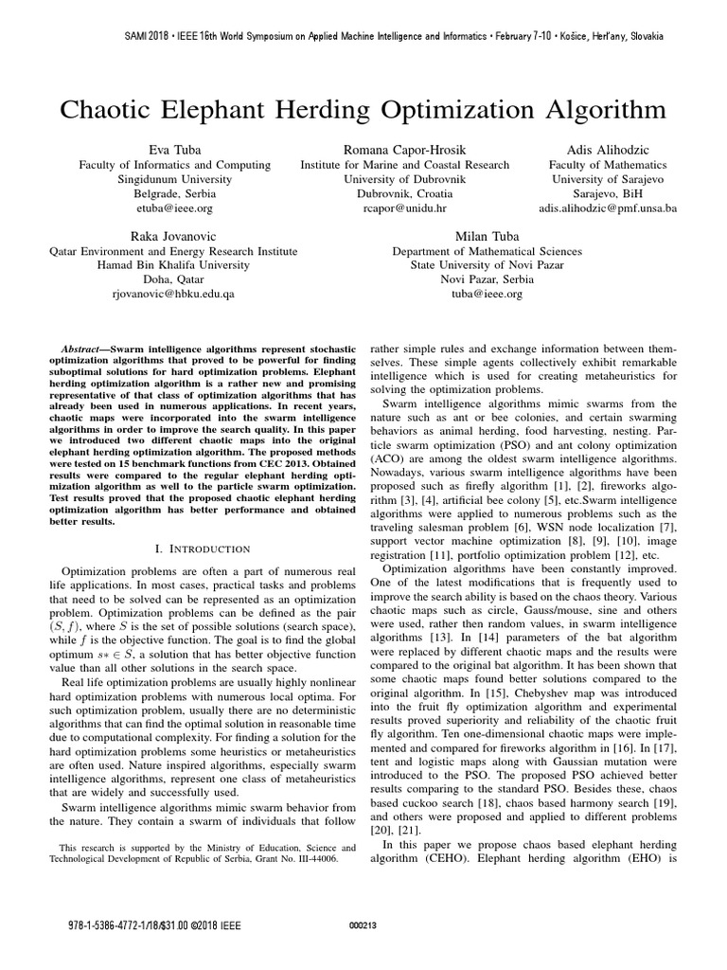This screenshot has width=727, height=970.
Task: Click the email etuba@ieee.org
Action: click(x=174, y=207)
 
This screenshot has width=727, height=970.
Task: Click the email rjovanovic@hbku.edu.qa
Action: click(x=173, y=294)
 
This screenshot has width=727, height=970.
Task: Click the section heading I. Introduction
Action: click(x=202, y=548)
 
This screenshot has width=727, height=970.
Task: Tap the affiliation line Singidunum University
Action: click(x=174, y=179)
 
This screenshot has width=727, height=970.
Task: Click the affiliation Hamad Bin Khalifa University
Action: click(x=173, y=265)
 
